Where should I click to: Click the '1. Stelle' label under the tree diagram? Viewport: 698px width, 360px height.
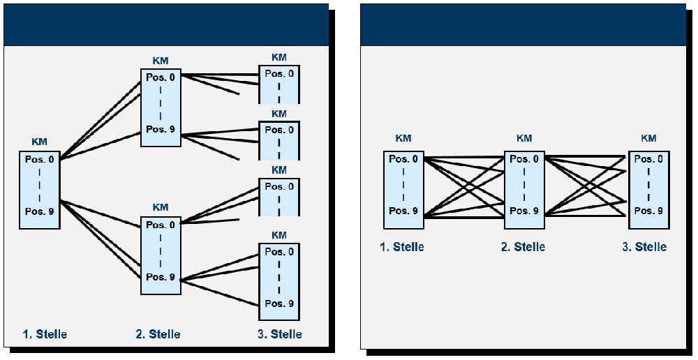(45, 334)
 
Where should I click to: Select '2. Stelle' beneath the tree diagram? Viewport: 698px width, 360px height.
(158, 334)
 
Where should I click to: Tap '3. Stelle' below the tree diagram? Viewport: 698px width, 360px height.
(279, 334)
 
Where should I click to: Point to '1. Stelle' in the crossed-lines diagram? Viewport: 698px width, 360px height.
(401, 247)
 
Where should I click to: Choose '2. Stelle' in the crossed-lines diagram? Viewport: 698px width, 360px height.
(523, 247)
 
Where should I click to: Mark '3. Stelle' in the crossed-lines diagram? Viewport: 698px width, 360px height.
(644, 247)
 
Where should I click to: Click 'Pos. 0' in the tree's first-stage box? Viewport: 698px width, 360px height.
(40, 160)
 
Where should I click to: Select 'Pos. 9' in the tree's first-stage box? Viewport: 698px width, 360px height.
(40, 211)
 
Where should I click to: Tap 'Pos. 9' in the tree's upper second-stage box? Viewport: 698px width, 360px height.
(161, 130)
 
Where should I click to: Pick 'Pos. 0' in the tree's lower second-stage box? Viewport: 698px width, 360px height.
(161, 225)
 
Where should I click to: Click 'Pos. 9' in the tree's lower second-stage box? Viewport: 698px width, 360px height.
(161, 277)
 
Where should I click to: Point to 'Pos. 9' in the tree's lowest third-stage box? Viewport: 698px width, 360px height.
(279, 303)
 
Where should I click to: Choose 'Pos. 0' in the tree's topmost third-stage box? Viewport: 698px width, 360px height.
(279, 74)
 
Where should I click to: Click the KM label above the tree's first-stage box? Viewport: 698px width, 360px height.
(39, 142)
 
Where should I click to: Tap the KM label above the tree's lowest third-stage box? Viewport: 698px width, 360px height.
(279, 235)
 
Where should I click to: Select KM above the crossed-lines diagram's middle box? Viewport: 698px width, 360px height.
(524, 138)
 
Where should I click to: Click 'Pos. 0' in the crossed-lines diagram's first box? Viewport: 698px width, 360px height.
(403, 159)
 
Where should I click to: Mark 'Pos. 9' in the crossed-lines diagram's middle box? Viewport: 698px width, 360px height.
(524, 211)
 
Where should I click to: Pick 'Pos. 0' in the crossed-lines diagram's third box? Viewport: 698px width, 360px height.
(648, 159)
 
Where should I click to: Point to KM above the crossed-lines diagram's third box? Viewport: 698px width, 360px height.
(648, 138)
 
